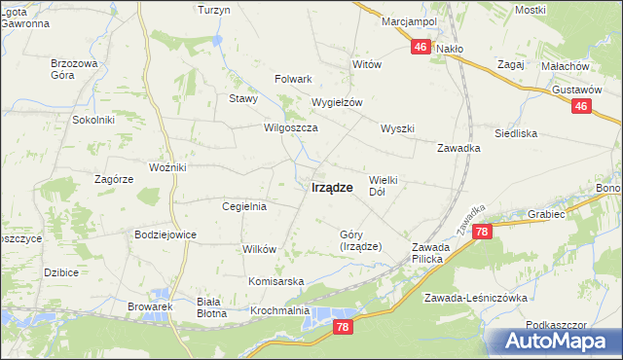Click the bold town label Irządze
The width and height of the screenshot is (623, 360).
coord(331,189)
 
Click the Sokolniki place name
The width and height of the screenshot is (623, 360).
coord(93,120)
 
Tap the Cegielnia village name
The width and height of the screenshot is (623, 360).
coord(244,206)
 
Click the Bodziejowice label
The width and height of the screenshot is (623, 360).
coord(165,234)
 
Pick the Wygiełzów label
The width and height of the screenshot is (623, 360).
coord(337,102)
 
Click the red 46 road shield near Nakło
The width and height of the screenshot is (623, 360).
coord(421,47)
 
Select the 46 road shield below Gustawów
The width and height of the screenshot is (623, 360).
coord(581,107)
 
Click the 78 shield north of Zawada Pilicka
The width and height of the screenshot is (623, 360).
coord(483,232)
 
